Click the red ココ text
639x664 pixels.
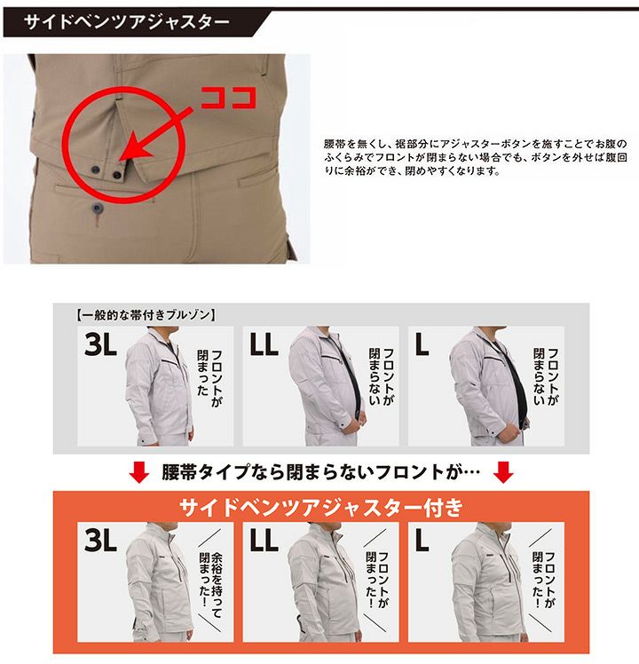coord(228,99)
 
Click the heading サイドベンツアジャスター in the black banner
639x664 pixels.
coord(127,21)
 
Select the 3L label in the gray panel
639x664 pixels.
coord(100,344)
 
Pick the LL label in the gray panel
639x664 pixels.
coord(264,344)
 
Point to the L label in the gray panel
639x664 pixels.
coord(422,344)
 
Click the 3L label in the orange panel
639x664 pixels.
coord(100,540)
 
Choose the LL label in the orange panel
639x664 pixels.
coord(264,540)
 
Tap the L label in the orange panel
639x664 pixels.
coord(422,540)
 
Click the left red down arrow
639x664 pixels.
coord(139,472)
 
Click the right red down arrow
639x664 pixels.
coord(503,472)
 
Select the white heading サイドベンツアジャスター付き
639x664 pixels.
coord(321,507)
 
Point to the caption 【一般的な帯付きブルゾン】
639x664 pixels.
coord(146,315)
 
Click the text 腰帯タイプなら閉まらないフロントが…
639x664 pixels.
coord(321,472)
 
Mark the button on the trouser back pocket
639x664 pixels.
coord(98,208)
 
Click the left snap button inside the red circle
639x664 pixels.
coord(96,170)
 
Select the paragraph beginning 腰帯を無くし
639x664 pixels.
coord(476,157)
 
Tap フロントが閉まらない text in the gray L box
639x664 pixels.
coord(546,376)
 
